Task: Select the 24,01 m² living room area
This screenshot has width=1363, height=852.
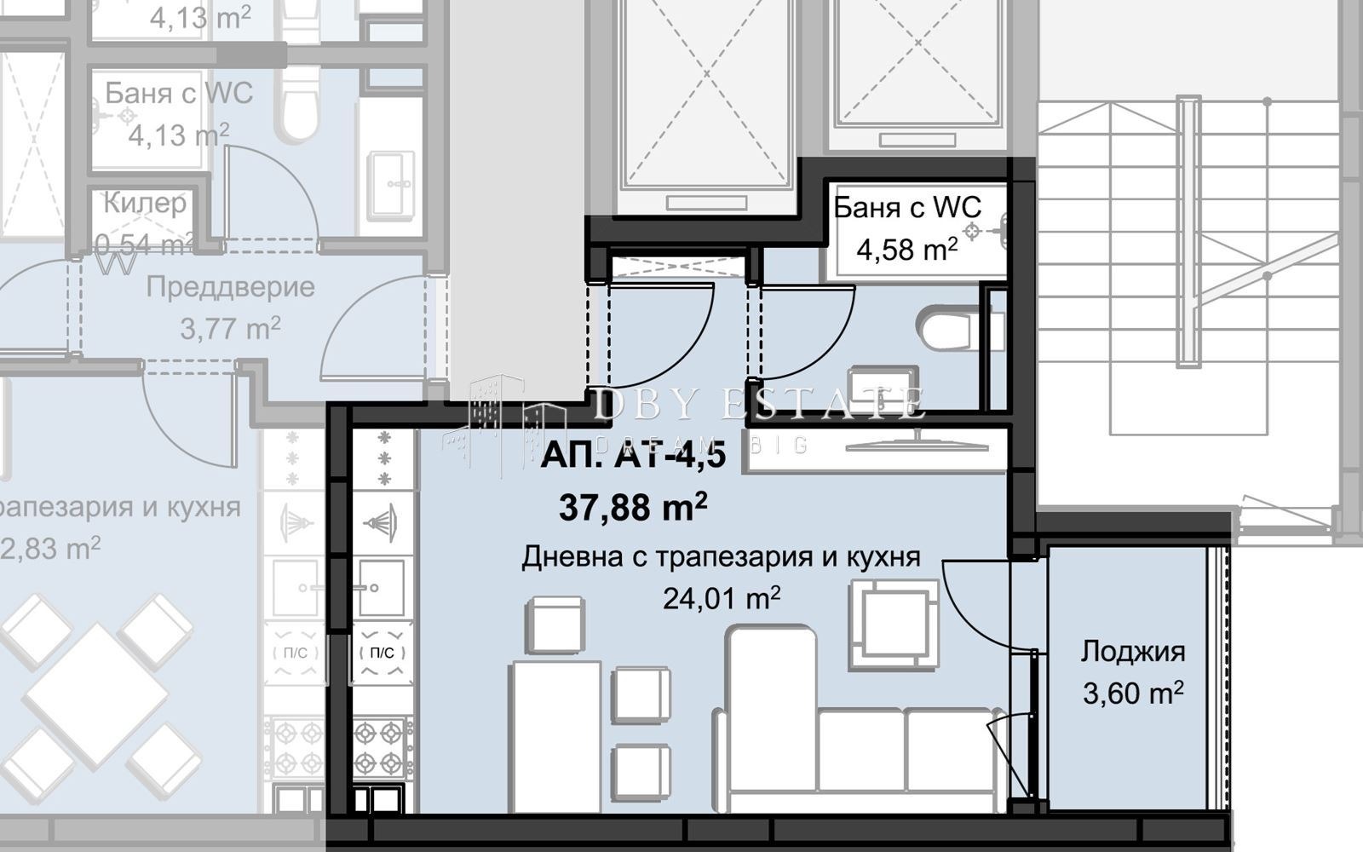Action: click(x=721, y=598)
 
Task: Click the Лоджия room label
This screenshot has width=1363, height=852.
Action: click(x=1132, y=652)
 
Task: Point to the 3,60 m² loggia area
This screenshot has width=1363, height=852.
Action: click(x=1132, y=693)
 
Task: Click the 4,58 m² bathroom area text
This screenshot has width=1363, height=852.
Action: click(x=906, y=250)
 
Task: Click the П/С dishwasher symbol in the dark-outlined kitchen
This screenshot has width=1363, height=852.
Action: click(x=382, y=653)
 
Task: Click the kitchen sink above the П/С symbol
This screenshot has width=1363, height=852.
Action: click(x=381, y=587)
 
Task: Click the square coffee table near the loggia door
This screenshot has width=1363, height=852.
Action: click(x=894, y=624)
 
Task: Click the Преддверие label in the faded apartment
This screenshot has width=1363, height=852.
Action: click(x=230, y=287)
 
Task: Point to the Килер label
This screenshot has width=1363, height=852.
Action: click(x=144, y=203)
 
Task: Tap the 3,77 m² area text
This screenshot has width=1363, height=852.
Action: click(x=230, y=328)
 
